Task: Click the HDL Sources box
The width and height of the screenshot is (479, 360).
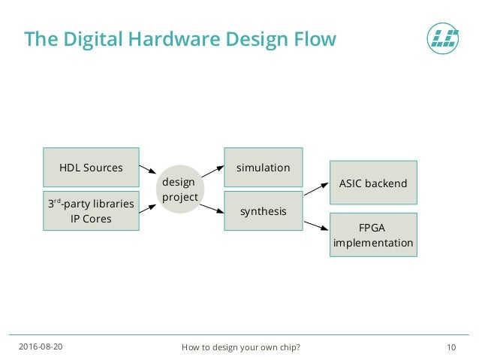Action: point(91,168)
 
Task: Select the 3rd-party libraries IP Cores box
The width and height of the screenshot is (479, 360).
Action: point(91,211)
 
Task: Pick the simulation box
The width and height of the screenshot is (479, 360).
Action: point(263,168)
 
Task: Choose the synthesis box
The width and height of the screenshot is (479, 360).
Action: point(263,211)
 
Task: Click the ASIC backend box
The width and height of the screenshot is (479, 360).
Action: point(373,183)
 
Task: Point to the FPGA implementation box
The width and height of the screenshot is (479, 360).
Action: point(373,235)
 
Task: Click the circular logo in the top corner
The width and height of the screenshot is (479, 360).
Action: point(441,38)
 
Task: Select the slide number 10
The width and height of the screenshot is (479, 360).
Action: point(451,346)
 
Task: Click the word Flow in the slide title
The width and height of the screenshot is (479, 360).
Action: point(312,38)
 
